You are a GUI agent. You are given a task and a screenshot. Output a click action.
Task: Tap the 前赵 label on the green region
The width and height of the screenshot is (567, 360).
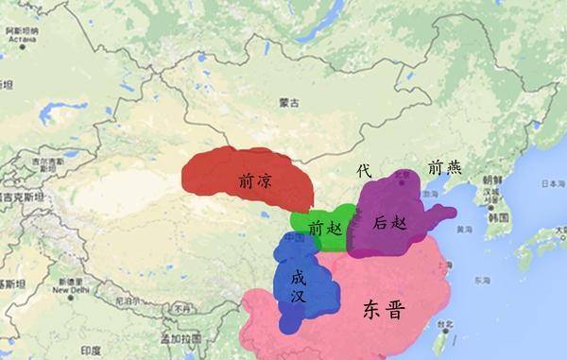coord(322,228)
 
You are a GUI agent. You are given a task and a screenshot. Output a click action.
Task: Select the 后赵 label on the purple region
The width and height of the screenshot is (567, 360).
coord(388,224)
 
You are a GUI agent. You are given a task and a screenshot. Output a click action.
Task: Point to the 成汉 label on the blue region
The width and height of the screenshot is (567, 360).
coord(298,286)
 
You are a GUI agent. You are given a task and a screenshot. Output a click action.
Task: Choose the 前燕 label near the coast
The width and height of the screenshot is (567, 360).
coord(444,168)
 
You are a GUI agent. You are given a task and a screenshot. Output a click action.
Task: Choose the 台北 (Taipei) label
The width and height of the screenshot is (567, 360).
coord(445,325)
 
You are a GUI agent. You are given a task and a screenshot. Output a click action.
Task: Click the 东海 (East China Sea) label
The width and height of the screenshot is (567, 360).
coord(483,281)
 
